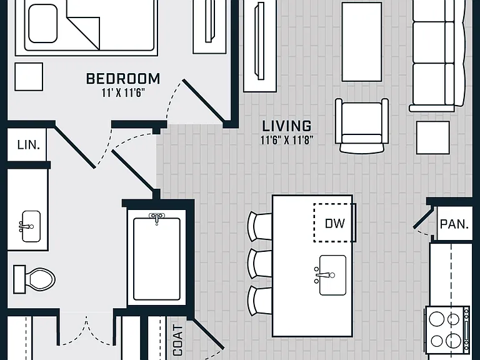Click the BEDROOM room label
click(123, 79)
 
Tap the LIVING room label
click(287, 126)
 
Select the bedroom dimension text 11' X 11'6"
click(123, 92)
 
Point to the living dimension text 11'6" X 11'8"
click(287, 140)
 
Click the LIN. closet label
click(29, 145)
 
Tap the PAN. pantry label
click(454, 224)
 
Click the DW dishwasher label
click(334, 224)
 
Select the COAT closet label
click(178, 340)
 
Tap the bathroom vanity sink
click(30, 226)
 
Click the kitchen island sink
click(331, 275)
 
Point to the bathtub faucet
click(157, 218)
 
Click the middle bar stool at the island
click(259, 264)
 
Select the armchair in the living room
click(362, 126)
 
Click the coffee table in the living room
click(361, 42)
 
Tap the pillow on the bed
click(43, 23)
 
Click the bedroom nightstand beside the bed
click(29, 76)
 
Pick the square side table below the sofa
click(433, 137)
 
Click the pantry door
click(423, 217)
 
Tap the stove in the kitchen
click(447, 330)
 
